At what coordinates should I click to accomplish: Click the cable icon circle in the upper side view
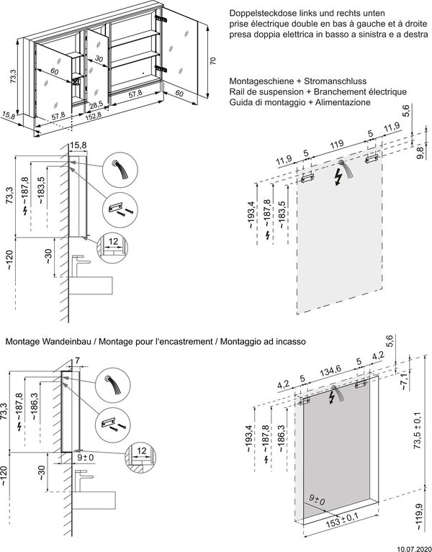coord(118,170)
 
